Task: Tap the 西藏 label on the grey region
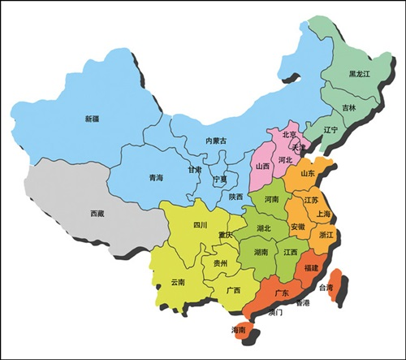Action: (x=97, y=214)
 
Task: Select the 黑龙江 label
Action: (x=359, y=73)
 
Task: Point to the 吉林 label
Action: (x=348, y=107)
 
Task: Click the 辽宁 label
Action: (x=330, y=129)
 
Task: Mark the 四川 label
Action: (x=200, y=225)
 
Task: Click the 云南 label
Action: (x=177, y=281)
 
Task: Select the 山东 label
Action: (x=309, y=173)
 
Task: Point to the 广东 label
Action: (x=282, y=293)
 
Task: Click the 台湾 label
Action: (x=325, y=288)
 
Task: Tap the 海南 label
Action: (x=238, y=330)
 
